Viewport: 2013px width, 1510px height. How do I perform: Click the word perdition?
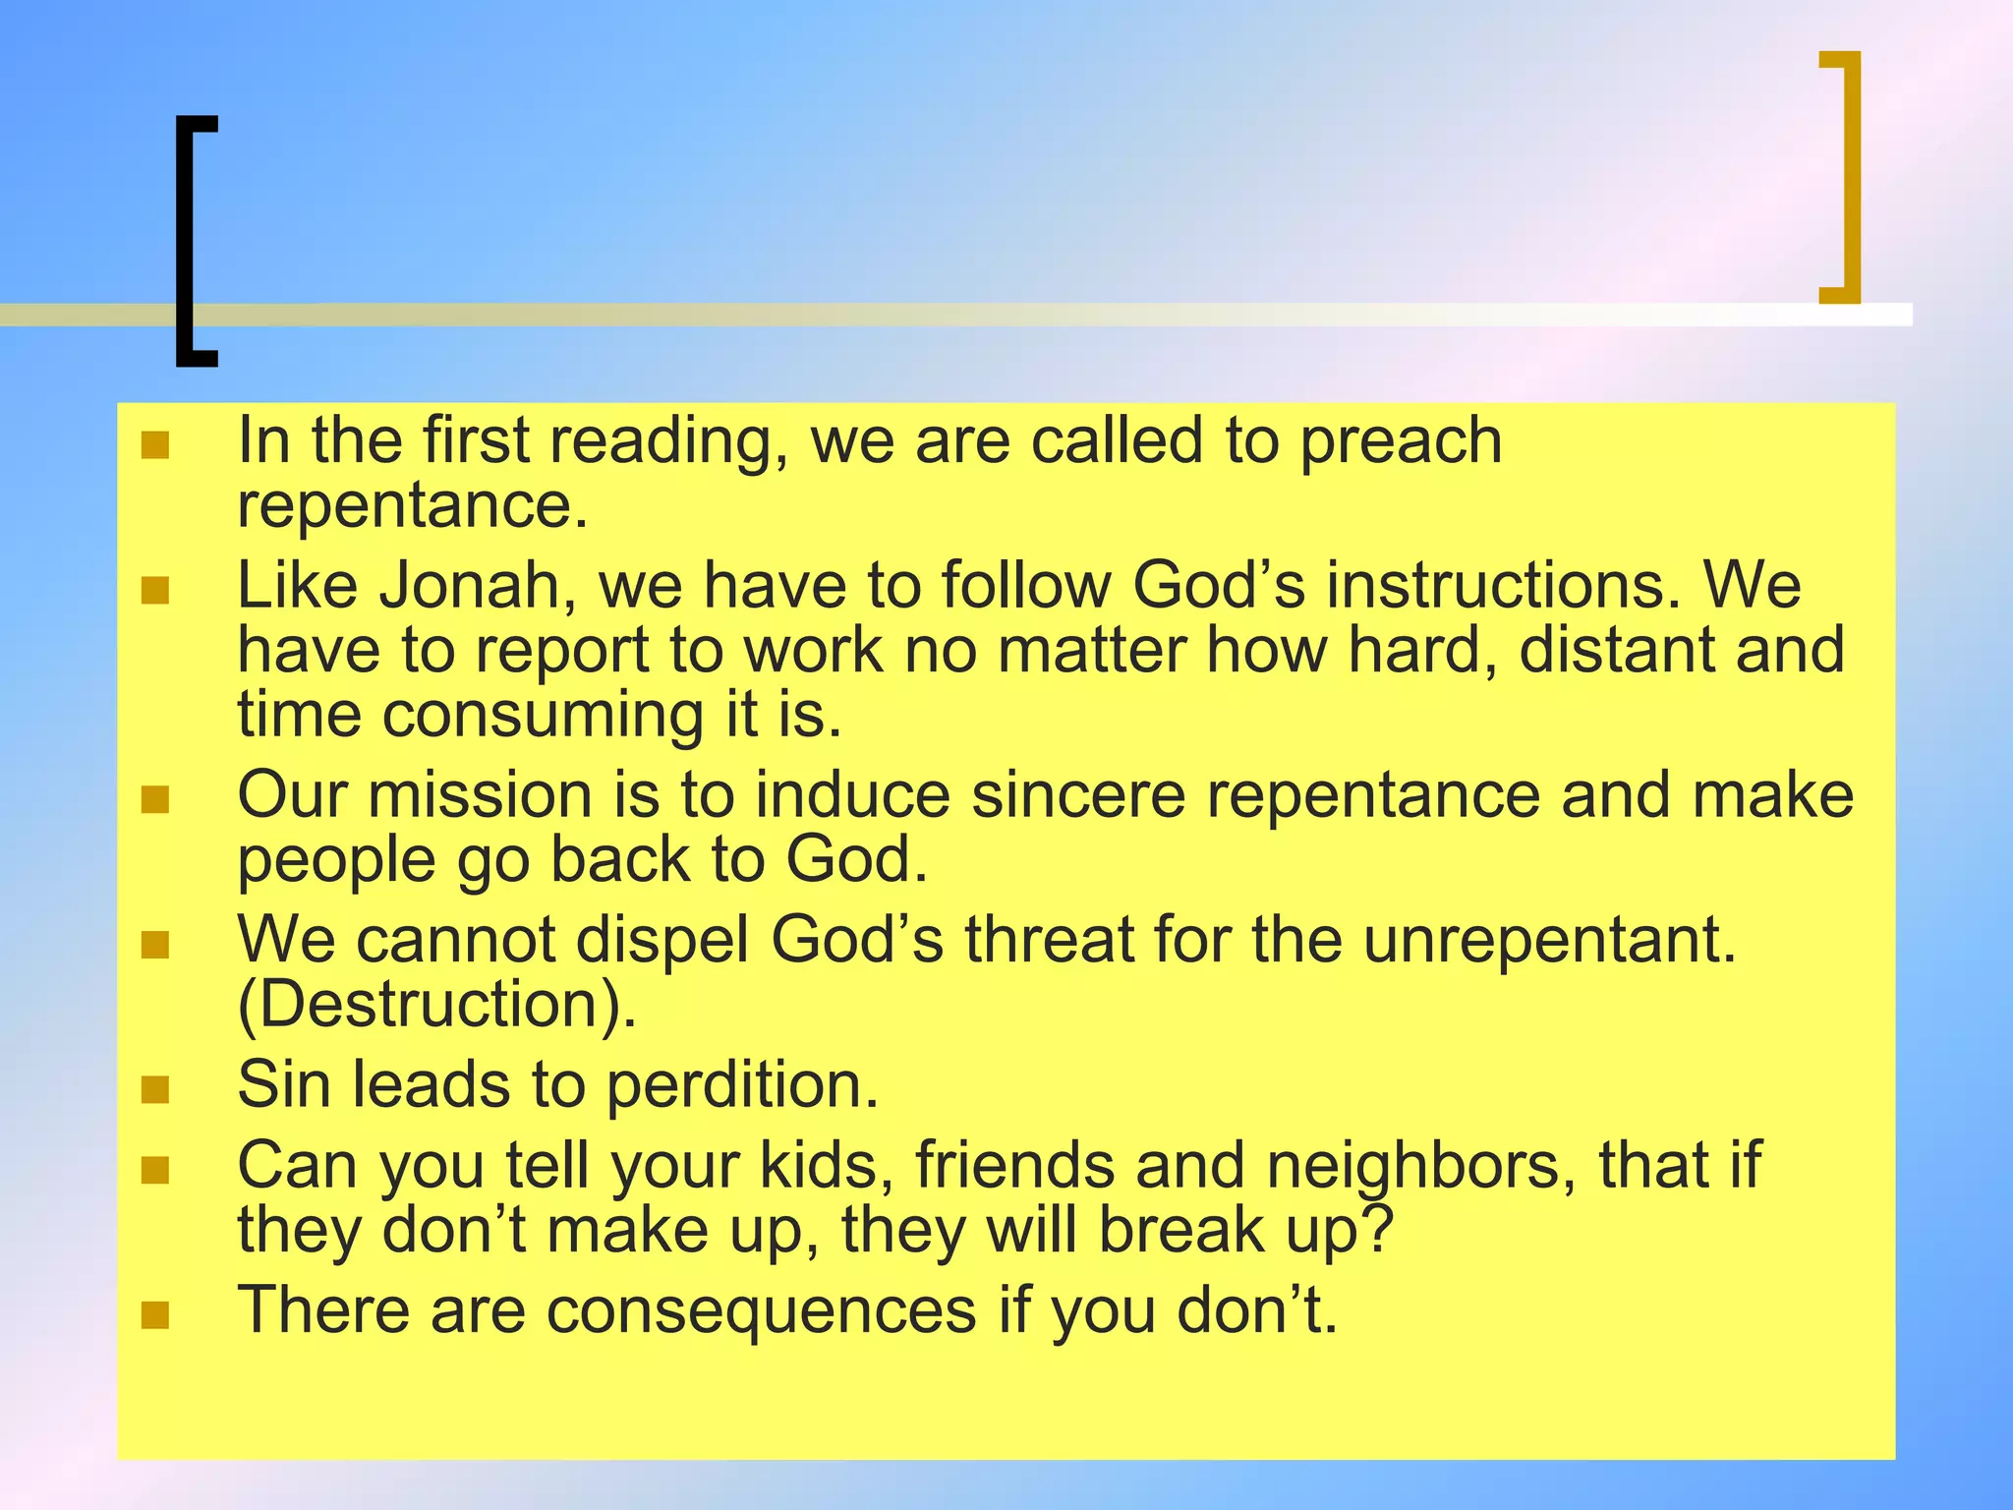click(x=741, y=1086)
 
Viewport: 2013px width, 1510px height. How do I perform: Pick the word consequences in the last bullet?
click(x=762, y=1311)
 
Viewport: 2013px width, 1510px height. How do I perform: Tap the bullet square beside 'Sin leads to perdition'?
click(x=155, y=1089)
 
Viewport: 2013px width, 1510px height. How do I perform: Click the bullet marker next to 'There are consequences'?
click(x=155, y=1314)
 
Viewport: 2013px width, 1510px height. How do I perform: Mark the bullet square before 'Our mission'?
click(x=155, y=799)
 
